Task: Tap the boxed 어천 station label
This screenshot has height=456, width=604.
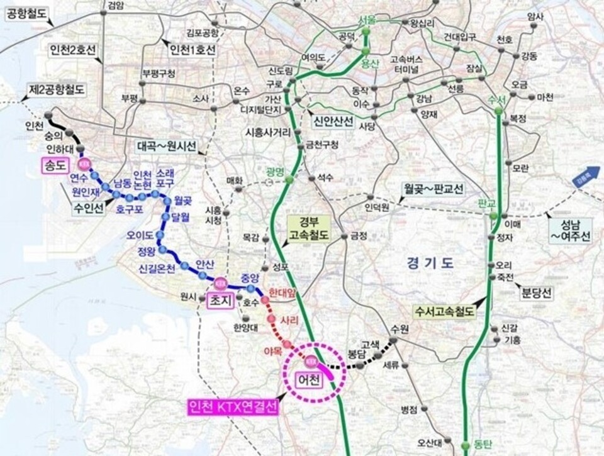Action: coord(308,380)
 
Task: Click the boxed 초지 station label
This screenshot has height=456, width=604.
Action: coord(220,301)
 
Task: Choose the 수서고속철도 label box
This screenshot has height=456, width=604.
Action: coord(445,311)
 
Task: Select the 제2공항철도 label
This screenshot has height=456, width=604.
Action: coord(56,89)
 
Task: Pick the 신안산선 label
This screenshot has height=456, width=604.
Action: coord(333,120)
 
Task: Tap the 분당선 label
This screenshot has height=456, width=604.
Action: coord(536,292)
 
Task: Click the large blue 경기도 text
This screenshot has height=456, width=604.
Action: coord(430,262)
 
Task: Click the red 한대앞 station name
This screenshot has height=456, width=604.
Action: coord(281,292)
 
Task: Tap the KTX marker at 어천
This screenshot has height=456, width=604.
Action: coord(310,362)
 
